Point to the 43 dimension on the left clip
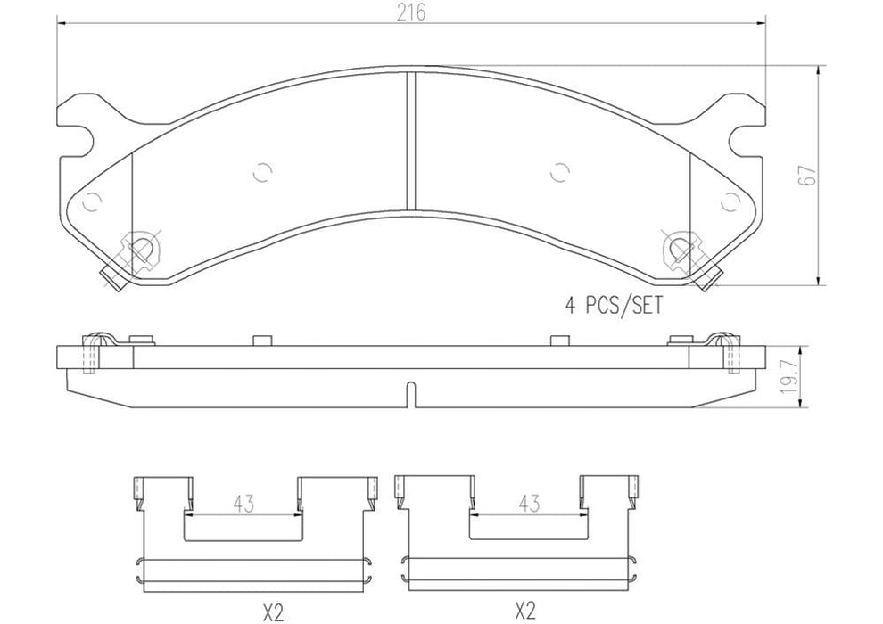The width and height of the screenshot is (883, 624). pyautogui.click(x=242, y=504)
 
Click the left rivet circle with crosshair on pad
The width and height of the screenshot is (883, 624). pyautogui.click(x=141, y=247)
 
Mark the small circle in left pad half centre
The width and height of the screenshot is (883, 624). pyautogui.click(x=261, y=173)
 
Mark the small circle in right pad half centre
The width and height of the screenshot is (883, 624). pyautogui.click(x=560, y=173)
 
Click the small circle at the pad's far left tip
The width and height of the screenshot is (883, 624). pyautogui.click(x=90, y=202)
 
